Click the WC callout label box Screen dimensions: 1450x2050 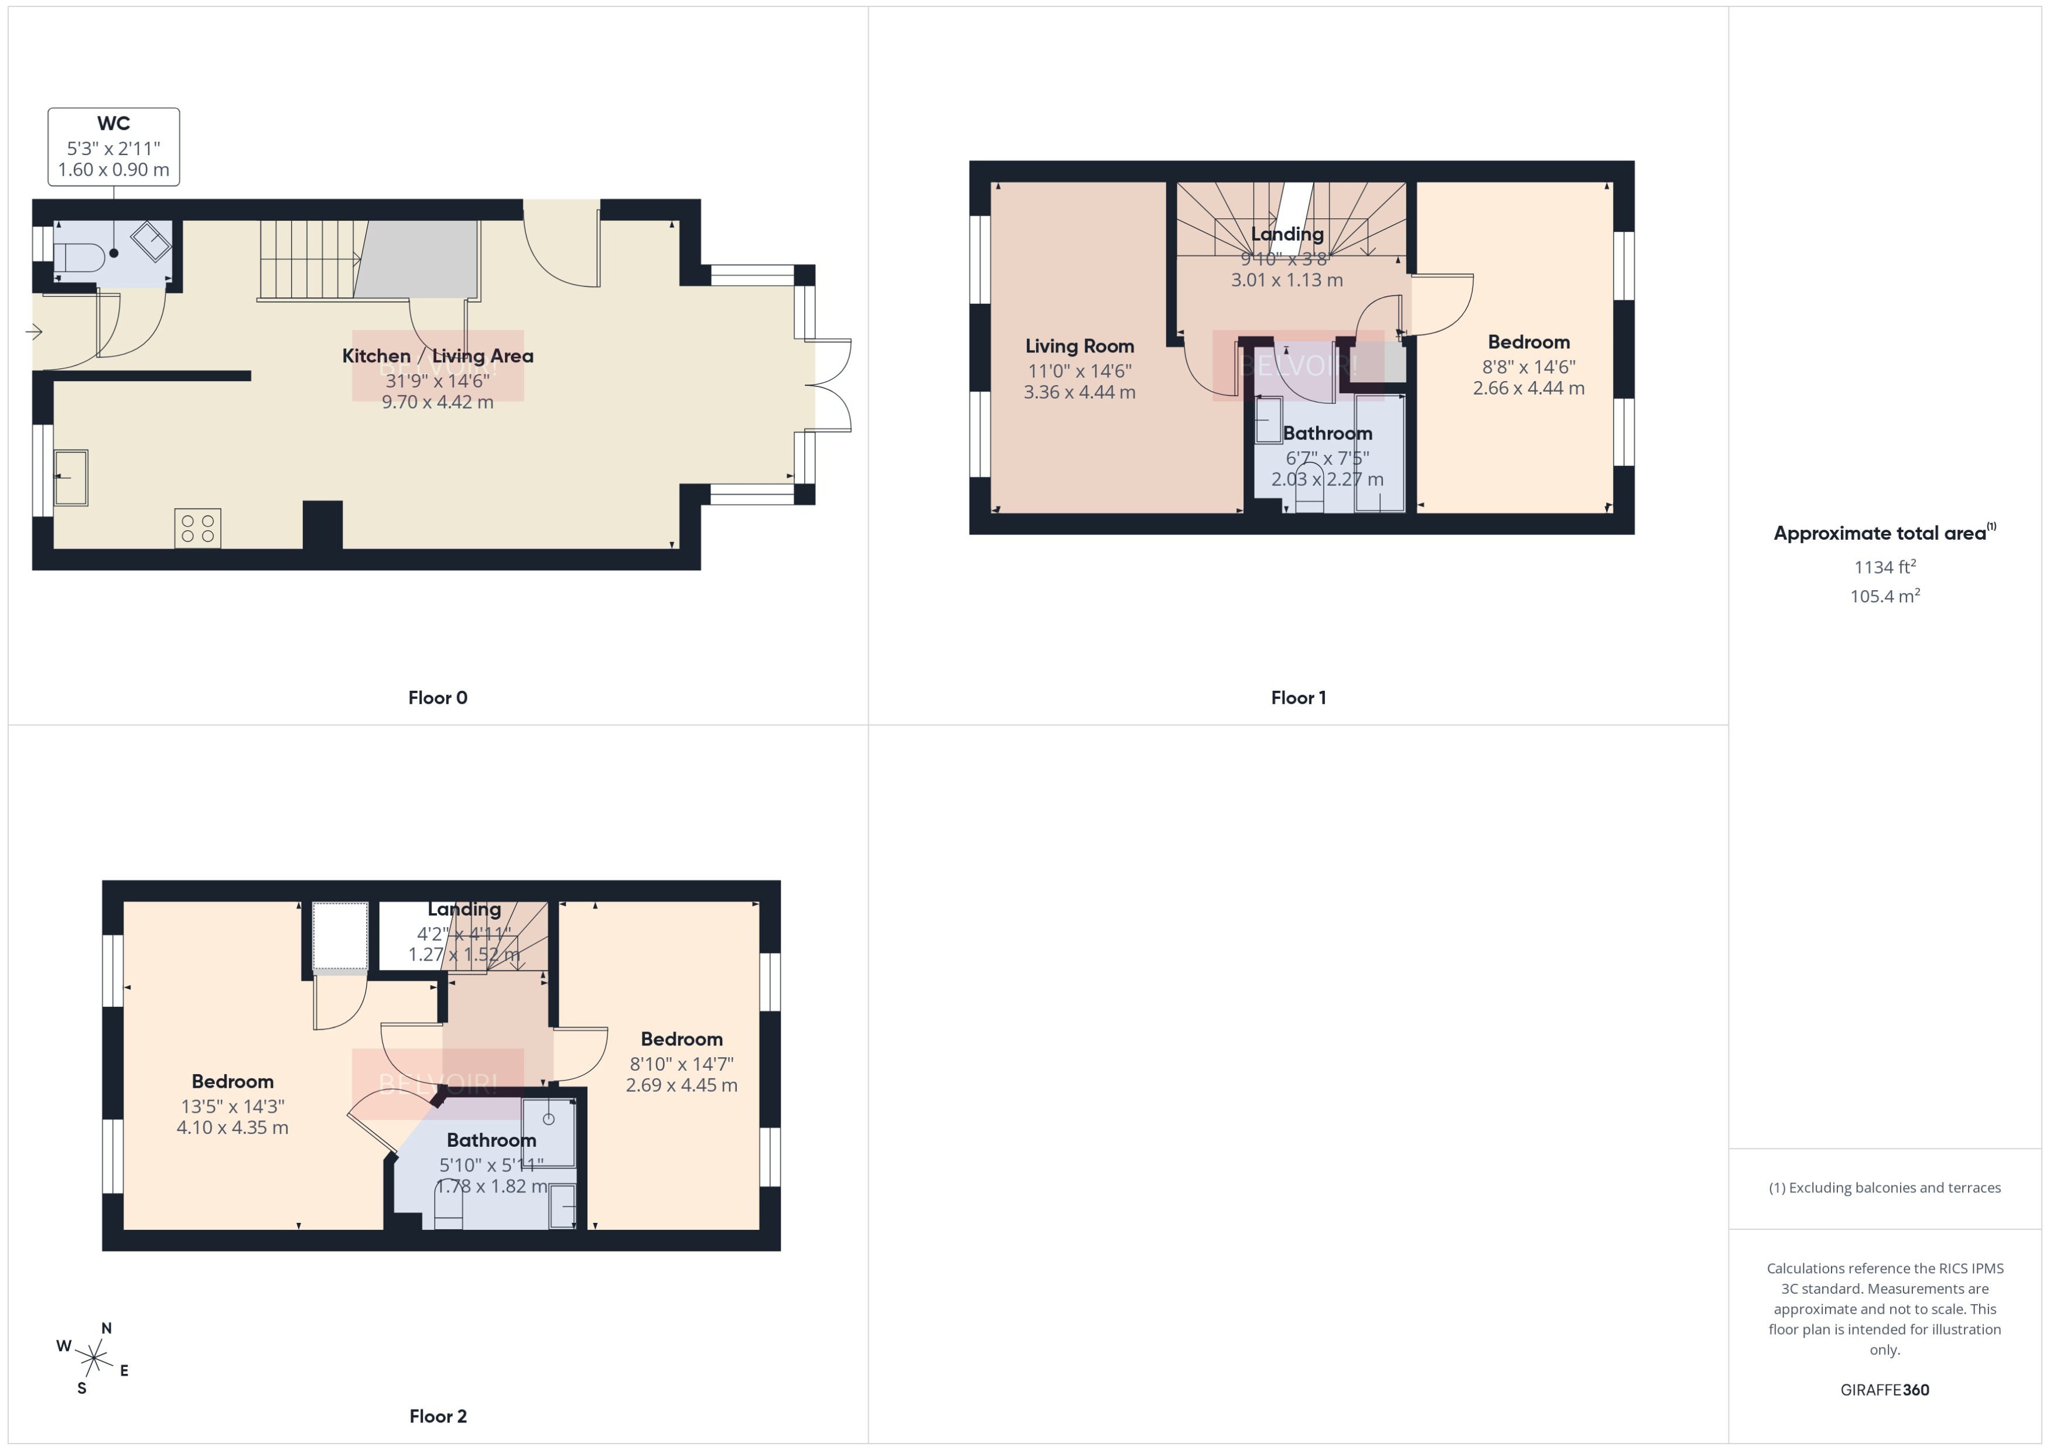point(114,148)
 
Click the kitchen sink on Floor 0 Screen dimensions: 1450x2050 point(71,478)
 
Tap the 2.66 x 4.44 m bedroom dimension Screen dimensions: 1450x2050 point(1528,388)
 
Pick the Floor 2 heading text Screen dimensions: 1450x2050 point(438,1416)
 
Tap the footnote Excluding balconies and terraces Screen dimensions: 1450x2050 point(1885,1188)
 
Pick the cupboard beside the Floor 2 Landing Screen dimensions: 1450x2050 point(340,935)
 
